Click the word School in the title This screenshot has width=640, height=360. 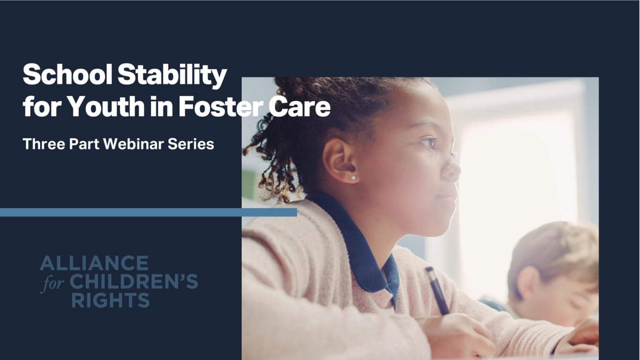point(67,75)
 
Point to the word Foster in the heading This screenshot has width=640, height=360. point(220,107)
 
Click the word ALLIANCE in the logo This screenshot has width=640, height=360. point(94,263)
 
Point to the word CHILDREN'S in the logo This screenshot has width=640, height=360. point(133,282)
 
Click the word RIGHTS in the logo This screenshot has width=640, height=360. point(110,300)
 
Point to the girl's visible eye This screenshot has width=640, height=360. point(428,143)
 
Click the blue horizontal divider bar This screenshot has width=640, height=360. point(148,212)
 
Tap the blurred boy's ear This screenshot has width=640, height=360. point(526,283)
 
